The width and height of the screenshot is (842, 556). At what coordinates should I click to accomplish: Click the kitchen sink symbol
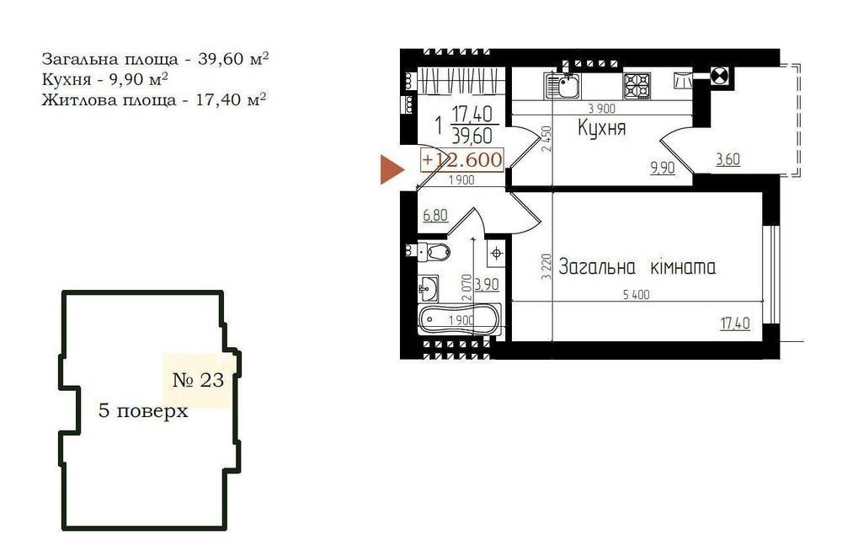pos(562,86)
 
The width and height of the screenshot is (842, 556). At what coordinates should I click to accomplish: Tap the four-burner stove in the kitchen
pos(637,86)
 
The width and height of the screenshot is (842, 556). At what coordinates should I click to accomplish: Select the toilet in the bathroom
pos(434,251)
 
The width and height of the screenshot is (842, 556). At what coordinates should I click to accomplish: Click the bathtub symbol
pos(460,319)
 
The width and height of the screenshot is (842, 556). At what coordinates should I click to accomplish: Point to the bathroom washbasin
pos(428,288)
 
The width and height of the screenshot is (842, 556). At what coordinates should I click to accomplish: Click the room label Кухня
pos(601,128)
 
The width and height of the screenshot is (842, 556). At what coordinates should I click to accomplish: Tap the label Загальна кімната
pos(637,266)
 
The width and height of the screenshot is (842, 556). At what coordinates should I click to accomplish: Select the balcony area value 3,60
pos(727,159)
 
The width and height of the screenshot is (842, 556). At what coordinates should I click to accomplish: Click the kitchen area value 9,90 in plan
pos(663,168)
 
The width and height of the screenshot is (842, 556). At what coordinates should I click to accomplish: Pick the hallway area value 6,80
pos(435,216)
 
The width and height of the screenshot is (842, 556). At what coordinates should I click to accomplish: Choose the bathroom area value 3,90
pos(487,284)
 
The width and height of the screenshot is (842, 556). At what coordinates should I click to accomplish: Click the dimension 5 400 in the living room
pos(636,294)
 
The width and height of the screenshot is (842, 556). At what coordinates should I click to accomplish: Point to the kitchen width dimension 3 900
pos(601,109)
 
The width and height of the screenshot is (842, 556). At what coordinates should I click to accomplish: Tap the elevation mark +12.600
pos(462,159)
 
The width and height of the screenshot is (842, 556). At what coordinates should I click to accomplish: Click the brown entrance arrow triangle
pos(392,169)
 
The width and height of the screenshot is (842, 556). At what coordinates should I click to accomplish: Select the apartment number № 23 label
pos(198,380)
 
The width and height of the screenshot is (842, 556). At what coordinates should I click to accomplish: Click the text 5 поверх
pos(143,411)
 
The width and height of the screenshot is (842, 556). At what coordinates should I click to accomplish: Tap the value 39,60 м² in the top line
pos(233,58)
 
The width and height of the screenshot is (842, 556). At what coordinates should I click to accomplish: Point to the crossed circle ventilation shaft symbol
pos(718,77)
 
